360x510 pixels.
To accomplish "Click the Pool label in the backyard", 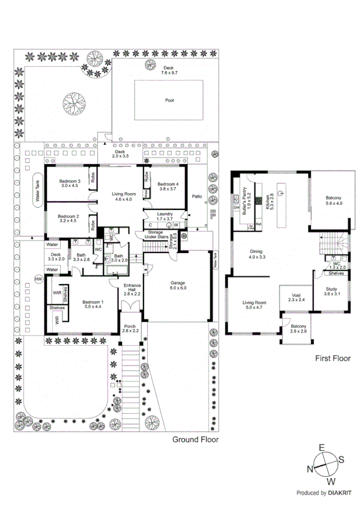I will [169, 101].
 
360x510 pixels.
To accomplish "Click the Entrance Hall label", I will [132, 289].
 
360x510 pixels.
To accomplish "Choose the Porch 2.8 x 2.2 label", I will [130, 328].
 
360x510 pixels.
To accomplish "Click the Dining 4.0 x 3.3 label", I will [257, 254].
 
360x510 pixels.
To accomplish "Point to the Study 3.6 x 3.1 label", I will [332, 291].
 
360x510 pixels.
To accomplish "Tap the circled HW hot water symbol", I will [38, 279].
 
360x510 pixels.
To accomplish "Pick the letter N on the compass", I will [312, 469].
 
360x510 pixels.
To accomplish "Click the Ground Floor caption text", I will [195, 440].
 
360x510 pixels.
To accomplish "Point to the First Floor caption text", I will [332, 358].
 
